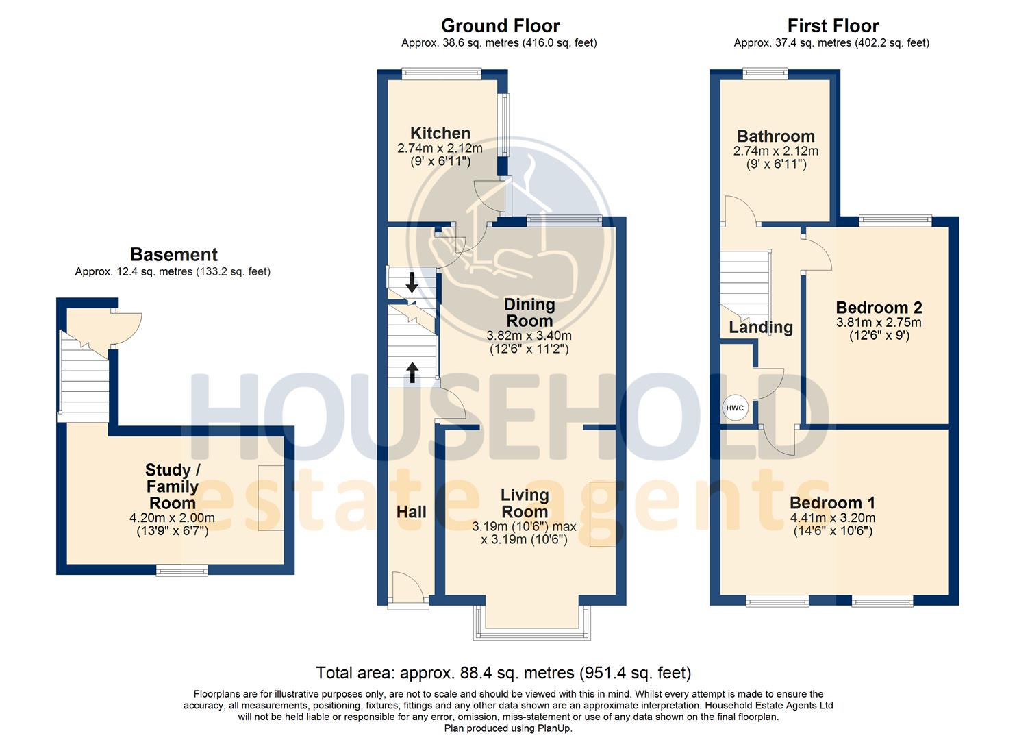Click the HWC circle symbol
735,408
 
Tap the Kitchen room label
440,133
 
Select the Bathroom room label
775,136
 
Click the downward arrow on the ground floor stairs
412,282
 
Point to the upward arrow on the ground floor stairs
412,373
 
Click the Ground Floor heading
501,26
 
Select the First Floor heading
833,26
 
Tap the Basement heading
174,254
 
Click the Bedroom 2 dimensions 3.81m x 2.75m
879,323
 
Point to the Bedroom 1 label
832,502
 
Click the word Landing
761,328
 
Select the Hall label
412,512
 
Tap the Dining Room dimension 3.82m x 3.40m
529,336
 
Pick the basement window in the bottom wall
181,570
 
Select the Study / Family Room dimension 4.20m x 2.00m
172,517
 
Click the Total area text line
503,672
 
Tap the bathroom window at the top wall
766,73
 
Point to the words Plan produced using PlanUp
508,728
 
